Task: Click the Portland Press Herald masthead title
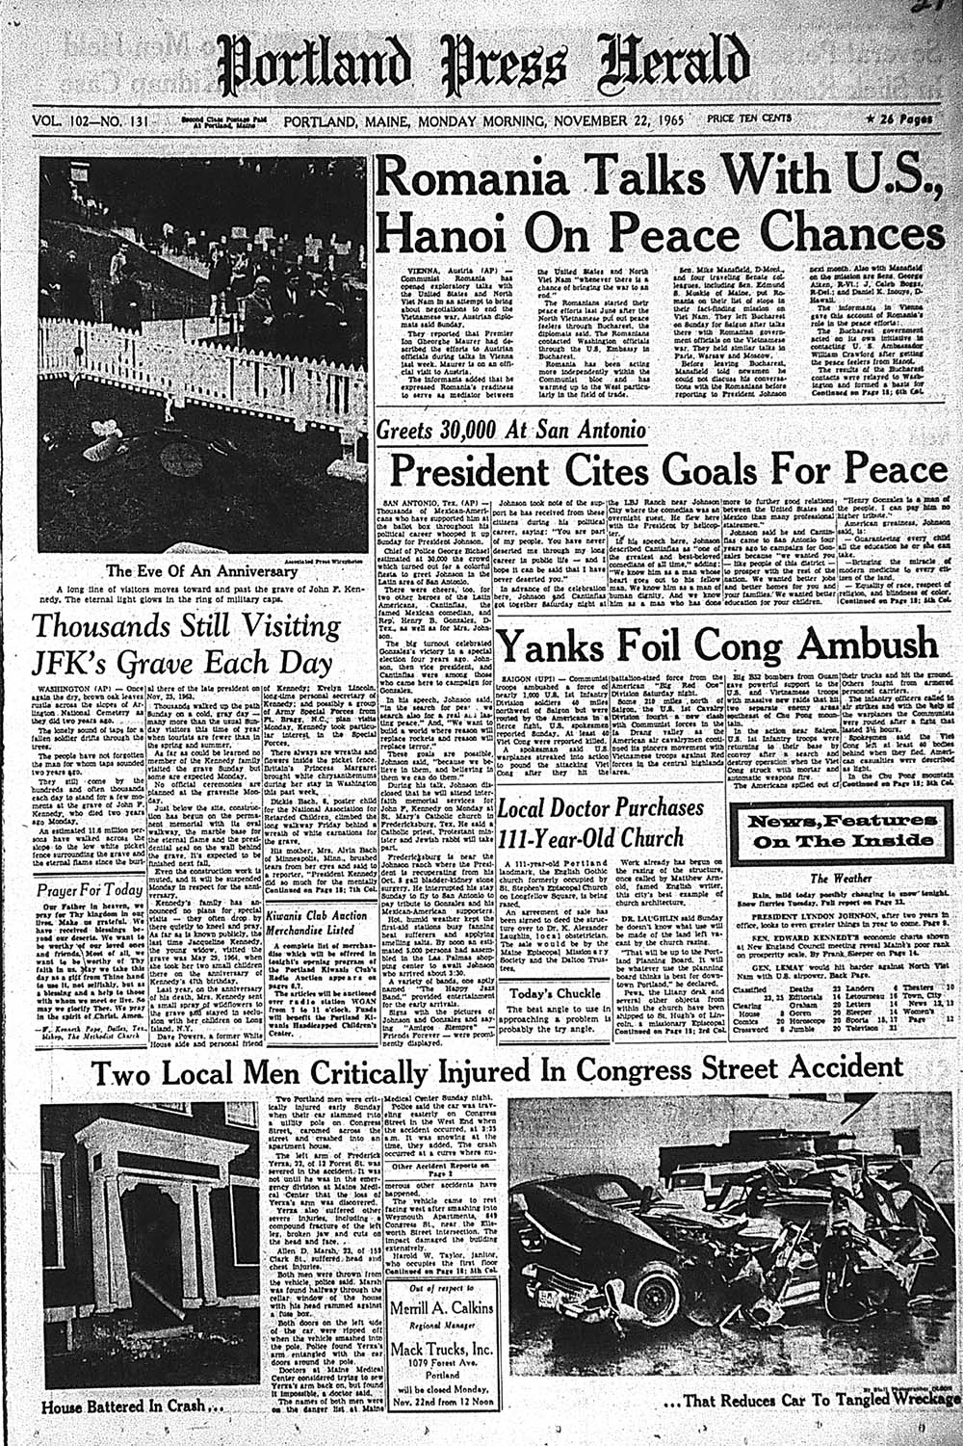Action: [481, 66]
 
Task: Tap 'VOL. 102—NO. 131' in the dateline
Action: [88, 120]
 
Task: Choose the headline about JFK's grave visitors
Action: [186, 644]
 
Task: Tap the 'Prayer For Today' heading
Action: [90, 889]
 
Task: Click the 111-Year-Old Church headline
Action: [600, 822]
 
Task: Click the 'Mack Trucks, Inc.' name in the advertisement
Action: [441, 1350]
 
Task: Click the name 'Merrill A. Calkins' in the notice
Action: [441, 1308]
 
